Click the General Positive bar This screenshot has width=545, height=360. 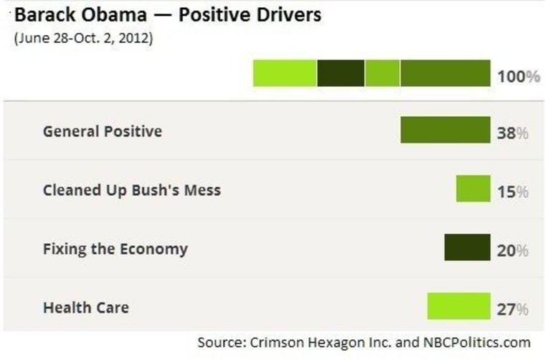[445, 131]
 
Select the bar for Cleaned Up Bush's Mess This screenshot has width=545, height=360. [473, 189]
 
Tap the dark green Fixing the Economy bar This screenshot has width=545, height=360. [467, 248]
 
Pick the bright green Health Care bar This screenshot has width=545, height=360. [458, 307]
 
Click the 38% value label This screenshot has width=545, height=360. [513, 133]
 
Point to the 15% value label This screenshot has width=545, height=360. [513, 191]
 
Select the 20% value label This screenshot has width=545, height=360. [513, 250]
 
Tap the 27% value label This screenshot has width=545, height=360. [513, 309]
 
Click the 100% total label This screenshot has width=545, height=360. [518, 75]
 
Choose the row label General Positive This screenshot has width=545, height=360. [103, 131]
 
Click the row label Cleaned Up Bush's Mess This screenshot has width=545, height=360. [132, 190]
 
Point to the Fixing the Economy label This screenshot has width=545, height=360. [115, 249]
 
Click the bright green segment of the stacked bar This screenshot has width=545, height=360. [285, 73]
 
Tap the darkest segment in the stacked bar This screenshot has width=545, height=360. [341, 73]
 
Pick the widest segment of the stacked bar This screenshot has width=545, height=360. [445, 73]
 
